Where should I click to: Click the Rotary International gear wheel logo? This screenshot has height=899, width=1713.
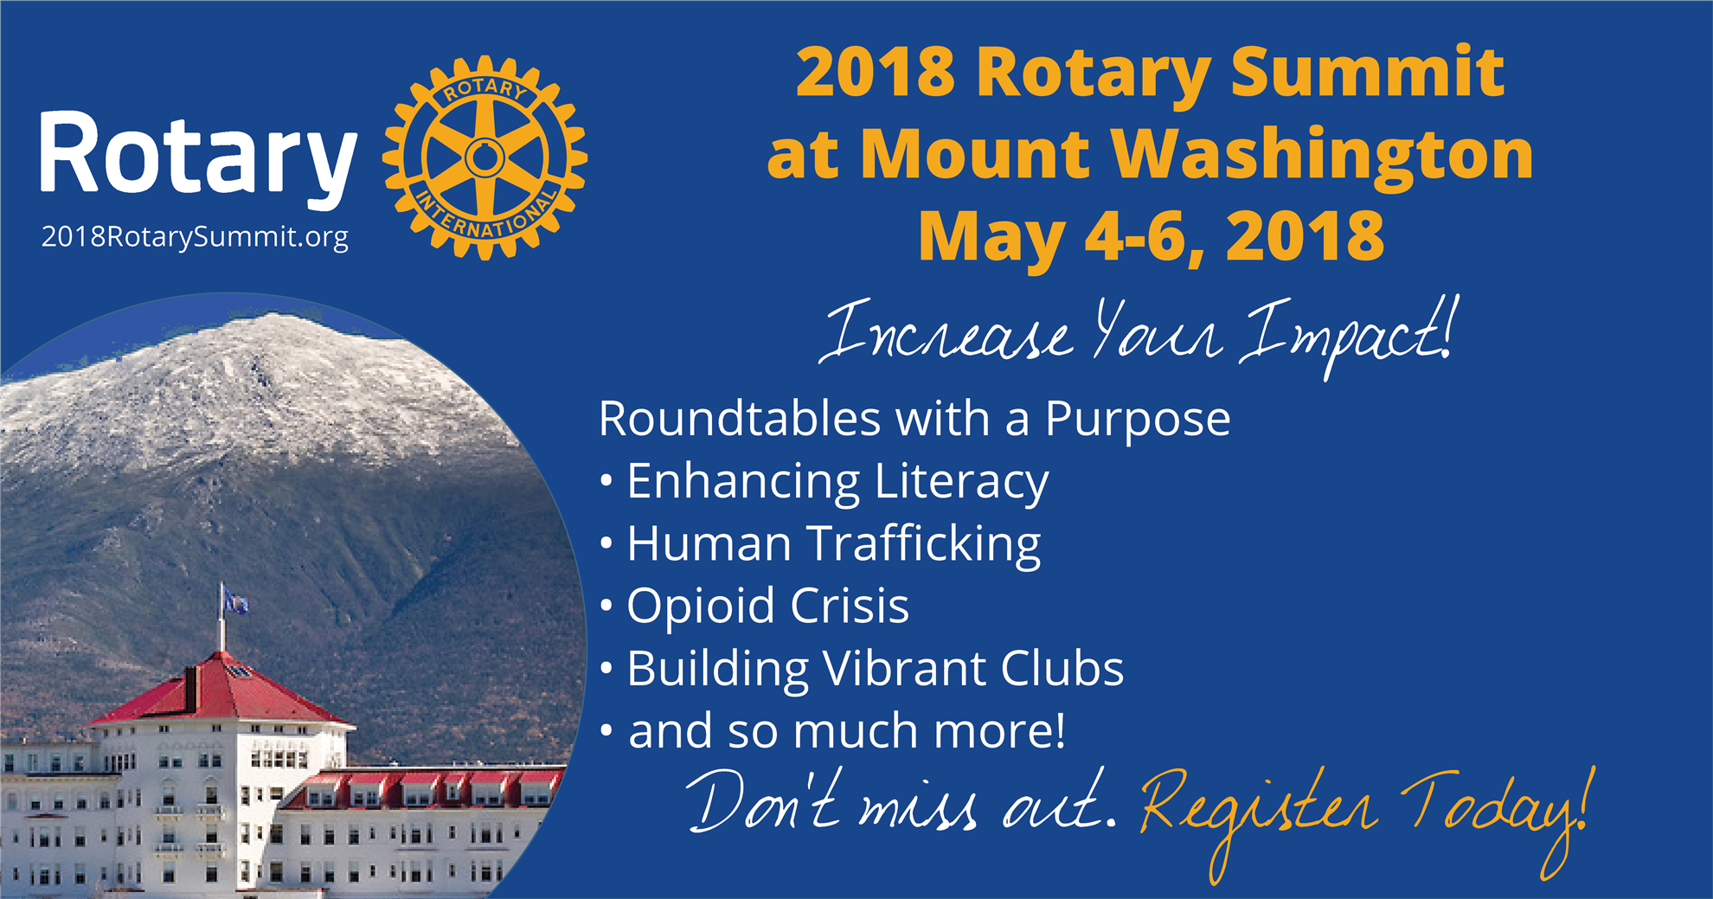tap(484, 157)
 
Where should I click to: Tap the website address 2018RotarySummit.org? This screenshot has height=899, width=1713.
tap(195, 237)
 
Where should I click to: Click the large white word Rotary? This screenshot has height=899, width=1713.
tap(198, 157)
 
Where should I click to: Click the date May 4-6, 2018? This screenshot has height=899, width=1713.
tap(1152, 235)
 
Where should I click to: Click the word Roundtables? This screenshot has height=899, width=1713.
tap(740, 419)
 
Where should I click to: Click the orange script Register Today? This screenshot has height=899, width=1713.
tap(1365, 818)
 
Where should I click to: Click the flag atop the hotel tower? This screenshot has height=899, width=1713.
tap(233, 599)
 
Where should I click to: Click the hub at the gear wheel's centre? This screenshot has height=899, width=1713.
tap(484, 157)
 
